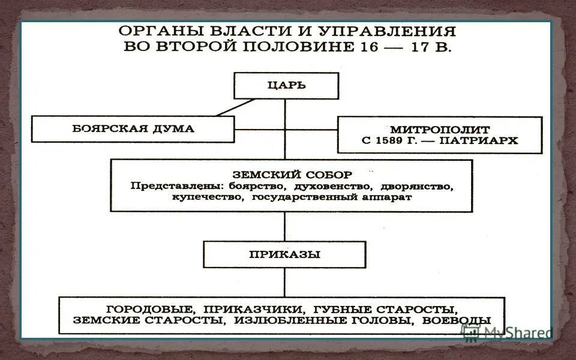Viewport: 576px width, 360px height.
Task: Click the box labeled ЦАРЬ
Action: (x=286, y=85)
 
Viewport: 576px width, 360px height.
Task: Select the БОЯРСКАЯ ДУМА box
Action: (x=133, y=128)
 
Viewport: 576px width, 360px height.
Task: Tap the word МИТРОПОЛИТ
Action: (x=440, y=129)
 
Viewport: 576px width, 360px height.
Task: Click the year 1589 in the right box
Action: (x=389, y=141)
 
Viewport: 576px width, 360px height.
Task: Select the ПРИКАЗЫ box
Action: (x=284, y=254)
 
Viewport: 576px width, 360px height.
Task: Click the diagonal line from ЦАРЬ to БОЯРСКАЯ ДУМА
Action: (x=235, y=107)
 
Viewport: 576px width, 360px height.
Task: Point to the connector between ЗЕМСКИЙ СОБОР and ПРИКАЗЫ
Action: (x=285, y=226)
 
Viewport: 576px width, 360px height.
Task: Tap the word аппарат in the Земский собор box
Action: (x=385, y=197)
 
